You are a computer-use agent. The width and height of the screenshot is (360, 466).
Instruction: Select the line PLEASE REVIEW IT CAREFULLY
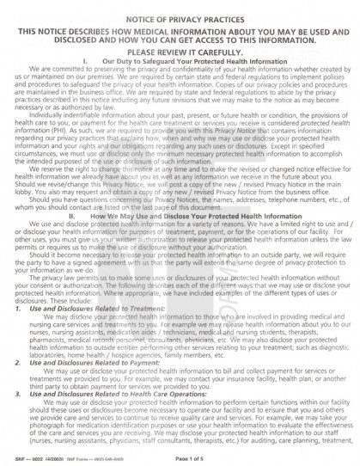180,51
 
